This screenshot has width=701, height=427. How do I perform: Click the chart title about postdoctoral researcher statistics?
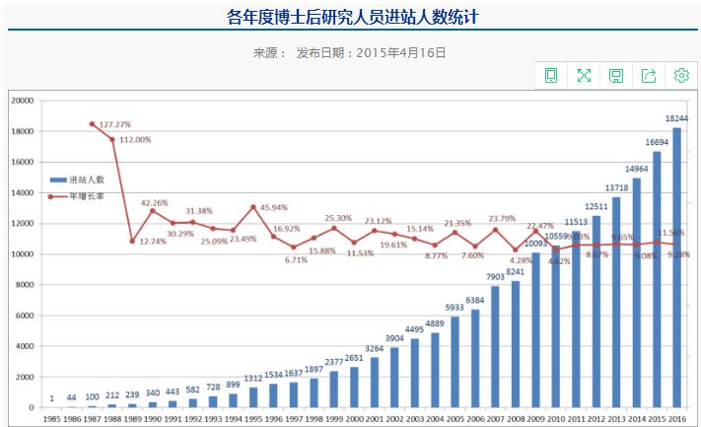352,17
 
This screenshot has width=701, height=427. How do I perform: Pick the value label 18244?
675,118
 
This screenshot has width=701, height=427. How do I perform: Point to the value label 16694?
657,142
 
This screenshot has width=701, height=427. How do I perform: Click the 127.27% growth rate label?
115,125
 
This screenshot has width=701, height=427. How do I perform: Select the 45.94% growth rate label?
275,207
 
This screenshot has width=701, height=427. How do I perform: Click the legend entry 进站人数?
88,180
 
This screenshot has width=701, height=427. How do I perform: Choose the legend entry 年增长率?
88,196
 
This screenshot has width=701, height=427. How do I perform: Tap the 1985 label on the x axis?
52,419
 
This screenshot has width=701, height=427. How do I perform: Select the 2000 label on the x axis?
354,419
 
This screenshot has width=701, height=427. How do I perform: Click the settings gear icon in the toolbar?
681,76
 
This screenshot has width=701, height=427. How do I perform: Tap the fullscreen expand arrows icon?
584,76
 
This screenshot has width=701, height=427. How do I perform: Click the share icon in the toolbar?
649,76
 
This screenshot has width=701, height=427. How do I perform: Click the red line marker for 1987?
92,124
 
